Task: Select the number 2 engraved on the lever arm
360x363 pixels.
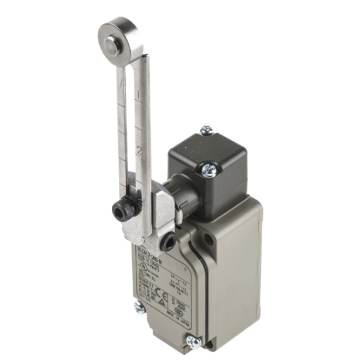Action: [137, 152]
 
